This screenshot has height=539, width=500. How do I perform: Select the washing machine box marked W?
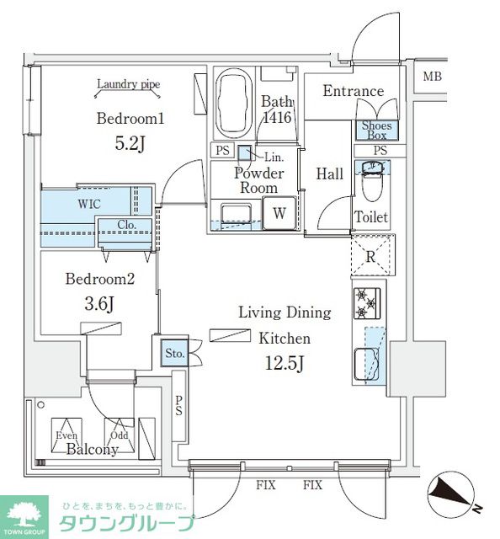point(279,213)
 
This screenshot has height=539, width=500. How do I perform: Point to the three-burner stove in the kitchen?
point(367,303)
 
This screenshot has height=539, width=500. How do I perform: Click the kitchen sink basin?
point(367,364)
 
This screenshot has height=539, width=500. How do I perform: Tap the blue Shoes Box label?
point(376,131)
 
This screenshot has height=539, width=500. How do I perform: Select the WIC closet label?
point(89,204)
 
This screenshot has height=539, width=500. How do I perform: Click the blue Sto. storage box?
point(174,353)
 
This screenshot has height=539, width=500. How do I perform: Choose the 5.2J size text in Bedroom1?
point(130,144)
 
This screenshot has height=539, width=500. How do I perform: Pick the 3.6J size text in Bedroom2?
point(99,304)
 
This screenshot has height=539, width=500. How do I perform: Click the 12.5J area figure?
point(285,363)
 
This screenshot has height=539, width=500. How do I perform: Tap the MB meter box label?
point(432,77)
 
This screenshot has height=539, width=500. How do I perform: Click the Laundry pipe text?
point(129,84)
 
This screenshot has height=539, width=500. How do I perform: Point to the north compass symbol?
point(453,494)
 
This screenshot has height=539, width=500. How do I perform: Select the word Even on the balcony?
point(66,435)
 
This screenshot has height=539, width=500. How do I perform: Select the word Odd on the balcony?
point(120,435)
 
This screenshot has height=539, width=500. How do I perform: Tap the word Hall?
point(330,173)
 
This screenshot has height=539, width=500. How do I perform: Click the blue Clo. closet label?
point(127,225)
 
